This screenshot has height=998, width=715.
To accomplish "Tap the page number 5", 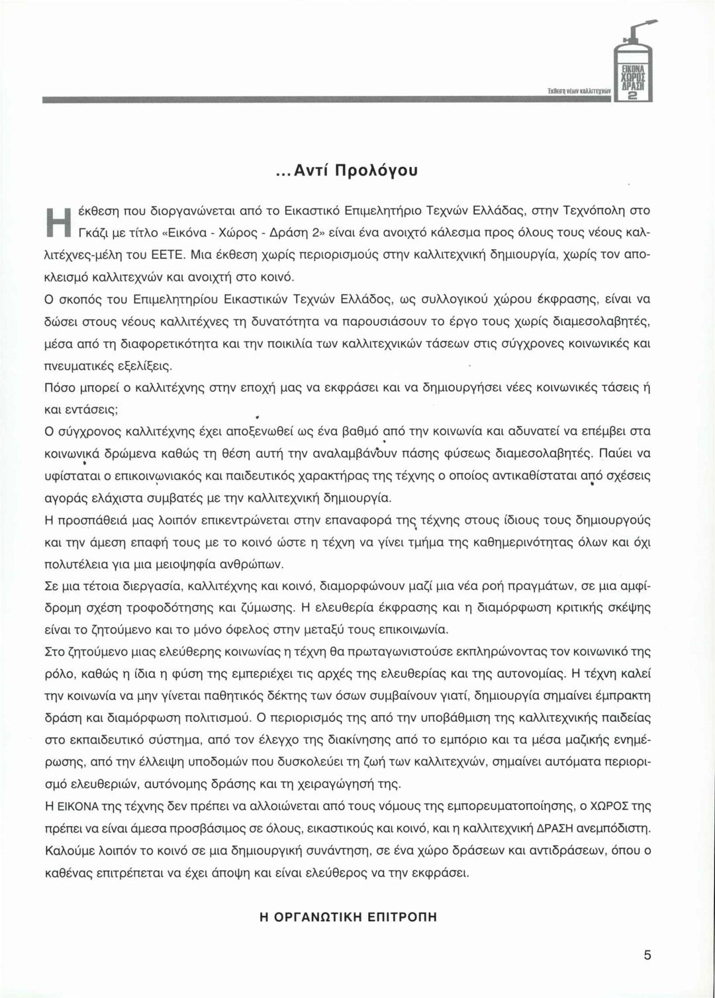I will click(x=647, y=955).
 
